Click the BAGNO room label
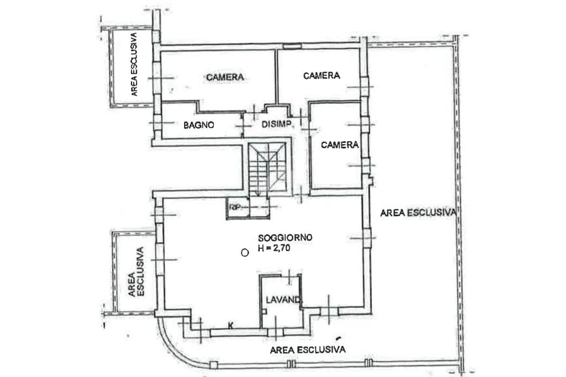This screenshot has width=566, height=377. [x=198, y=125]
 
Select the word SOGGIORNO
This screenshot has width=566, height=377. [x=285, y=238]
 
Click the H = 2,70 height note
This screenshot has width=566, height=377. [x=282, y=249]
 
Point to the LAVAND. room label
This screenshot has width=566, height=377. [x=282, y=300]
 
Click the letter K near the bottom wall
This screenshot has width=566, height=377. [x=230, y=325]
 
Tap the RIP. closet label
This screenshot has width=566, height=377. [x=236, y=208]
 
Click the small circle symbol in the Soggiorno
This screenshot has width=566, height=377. [x=244, y=253]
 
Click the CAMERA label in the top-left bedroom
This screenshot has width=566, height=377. [x=226, y=77]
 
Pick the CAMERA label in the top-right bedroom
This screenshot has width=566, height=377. [x=321, y=76]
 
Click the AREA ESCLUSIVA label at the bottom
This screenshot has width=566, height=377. [x=308, y=349]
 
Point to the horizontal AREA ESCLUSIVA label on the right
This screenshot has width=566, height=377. [x=417, y=212]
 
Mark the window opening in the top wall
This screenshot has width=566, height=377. [x=291, y=46]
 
